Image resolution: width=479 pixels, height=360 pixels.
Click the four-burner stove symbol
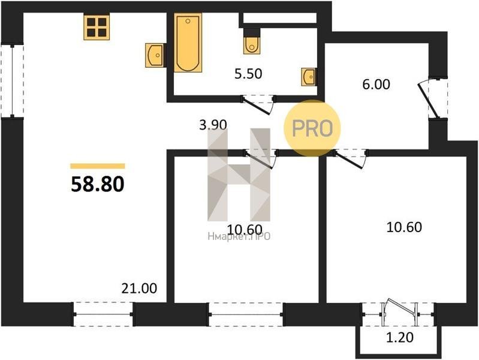97,27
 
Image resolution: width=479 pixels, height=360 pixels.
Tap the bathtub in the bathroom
188,43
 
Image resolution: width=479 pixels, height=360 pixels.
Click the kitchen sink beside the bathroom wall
155,55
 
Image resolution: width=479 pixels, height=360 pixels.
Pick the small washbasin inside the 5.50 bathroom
309,77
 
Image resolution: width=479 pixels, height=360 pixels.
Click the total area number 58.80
98,184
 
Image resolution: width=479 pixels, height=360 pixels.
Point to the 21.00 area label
139,288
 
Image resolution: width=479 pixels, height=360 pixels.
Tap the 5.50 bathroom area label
248,74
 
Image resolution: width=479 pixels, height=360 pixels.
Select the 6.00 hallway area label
376,85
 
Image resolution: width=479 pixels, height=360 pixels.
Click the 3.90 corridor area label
213,125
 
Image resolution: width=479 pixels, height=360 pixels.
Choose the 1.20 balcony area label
400,337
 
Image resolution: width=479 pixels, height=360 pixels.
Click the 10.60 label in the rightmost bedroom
404,227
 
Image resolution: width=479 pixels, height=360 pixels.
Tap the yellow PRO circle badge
312,128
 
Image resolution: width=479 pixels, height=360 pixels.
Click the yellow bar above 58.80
98,166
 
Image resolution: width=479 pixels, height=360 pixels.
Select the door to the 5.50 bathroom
258,104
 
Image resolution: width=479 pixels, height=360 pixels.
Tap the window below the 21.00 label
103,314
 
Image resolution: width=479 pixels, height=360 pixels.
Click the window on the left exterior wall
12,81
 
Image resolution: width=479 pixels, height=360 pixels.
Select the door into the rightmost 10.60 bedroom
350,158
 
